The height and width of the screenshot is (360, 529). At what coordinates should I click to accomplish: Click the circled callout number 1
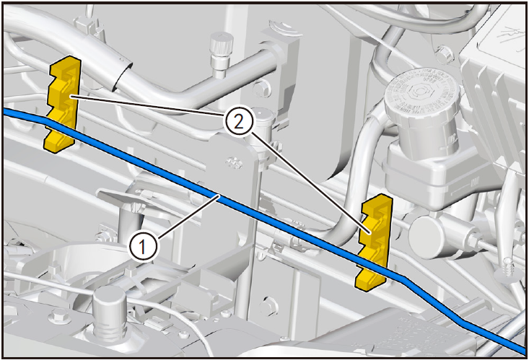pyautogui.click(x=143, y=247)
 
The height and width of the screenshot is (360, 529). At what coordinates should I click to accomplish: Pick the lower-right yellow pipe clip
pyautogui.click(x=373, y=242)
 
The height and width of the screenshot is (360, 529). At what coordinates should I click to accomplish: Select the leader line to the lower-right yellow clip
pyautogui.click(x=311, y=183)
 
